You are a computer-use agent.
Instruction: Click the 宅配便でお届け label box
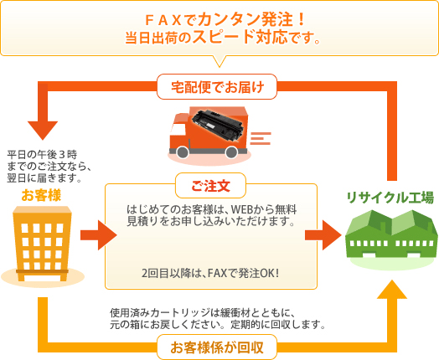pyautogui.click(x=217, y=86)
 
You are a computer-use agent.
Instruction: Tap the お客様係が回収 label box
pyautogui.click(x=217, y=347)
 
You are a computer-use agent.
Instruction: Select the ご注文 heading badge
pyautogui.click(x=210, y=186)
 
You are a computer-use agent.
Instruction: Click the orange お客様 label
pyautogui.click(x=41, y=195)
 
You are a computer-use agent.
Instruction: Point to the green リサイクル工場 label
pyautogui.click(x=390, y=198)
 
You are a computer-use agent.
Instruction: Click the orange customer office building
pyautogui.click(x=42, y=244)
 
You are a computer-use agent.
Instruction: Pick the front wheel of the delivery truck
pyautogui.click(x=183, y=152)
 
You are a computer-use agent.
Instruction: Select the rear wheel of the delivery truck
pyautogui.click(x=231, y=152)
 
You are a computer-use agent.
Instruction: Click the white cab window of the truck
pyautogui.click(x=177, y=131)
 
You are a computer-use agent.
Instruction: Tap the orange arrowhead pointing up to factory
pyautogui.click(x=392, y=289)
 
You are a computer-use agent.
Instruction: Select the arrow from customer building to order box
pyautogui.click(x=99, y=235)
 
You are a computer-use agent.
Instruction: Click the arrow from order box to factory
pyautogui.click(x=323, y=235)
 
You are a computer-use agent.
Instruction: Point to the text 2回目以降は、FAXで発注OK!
pyautogui.click(x=210, y=273)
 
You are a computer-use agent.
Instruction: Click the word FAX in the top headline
pyautogui.click(x=163, y=19)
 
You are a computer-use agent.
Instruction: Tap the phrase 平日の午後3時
pyautogui.click(x=42, y=154)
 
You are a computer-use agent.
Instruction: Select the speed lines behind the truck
pyautogui.click(x=261, y=138)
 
